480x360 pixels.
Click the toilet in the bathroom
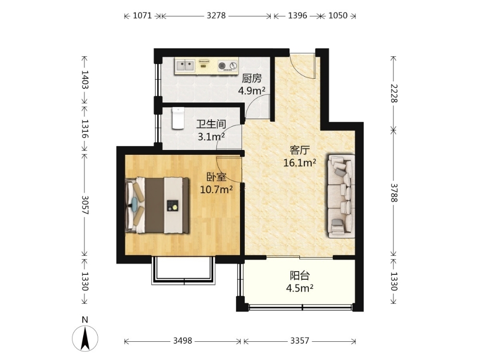178,118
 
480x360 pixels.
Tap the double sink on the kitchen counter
185,65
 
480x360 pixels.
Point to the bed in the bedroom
158,205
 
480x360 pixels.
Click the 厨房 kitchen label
252,79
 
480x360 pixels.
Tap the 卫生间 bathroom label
211,124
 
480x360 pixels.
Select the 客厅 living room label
300,150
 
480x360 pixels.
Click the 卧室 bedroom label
216,177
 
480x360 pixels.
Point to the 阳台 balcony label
300,276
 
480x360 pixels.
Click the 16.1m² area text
300,163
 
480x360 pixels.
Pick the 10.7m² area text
216,190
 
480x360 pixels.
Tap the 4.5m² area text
300,288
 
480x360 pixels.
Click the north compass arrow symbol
85,338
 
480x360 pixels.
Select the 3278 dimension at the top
216,15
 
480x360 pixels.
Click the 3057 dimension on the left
85,205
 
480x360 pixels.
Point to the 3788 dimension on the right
394,193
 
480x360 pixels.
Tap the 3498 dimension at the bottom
182,340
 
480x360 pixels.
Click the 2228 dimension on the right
394,93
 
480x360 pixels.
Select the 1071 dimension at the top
142,15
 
